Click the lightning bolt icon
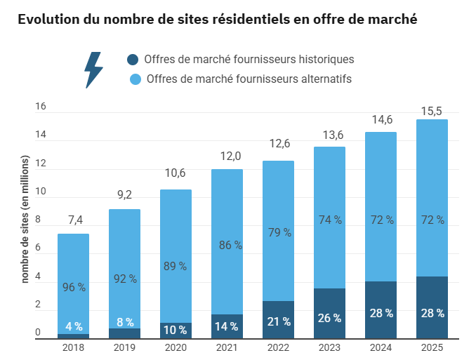pyautogui.click(x=93, y=69)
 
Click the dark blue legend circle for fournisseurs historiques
pyautogui.click(x=133, y=60)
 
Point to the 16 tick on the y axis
pyautogui.click(x=41, y=107)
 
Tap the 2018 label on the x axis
pyautogui.click(x=73, y=347)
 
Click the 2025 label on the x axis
pyautogui.click(x=432, y=347)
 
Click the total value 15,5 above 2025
pyautogui.click(x=432, y=110)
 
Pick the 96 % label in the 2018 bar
pyautogui.click(x=74, y=287)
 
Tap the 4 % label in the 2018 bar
pyautogui.click(x=74, y=326)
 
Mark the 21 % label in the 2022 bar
pyautogui.click(x=278, y=321)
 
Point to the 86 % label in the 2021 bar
pyautogui.click(x=227, y=246)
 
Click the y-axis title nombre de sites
pyautogui.click(x=25, y=220)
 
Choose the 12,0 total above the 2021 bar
pyautogui.click(x=227, y=156)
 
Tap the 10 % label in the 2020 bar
pyautogui.click(x=176, y=329)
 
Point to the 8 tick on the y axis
pyautogui.click(x=38, y=220)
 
